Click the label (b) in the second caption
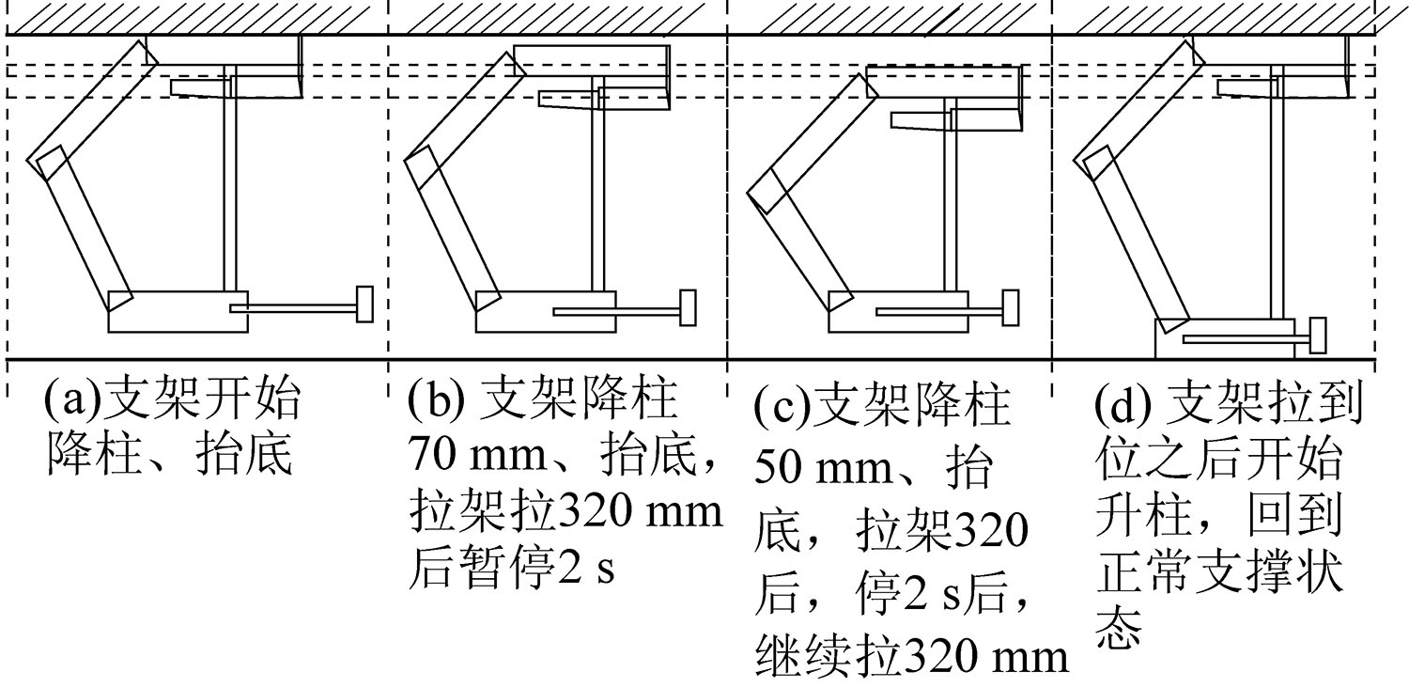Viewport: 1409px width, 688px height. click(436, 399)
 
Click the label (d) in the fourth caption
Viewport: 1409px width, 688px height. click(1123, 403)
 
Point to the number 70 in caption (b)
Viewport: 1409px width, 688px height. click(433, 453)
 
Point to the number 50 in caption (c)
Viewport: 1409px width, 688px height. click(778, 466)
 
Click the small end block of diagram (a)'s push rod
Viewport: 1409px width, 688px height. click(364, 304)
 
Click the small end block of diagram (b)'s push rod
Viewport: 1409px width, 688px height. click(688, 307)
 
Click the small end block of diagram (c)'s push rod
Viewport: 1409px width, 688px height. click(1010, 307)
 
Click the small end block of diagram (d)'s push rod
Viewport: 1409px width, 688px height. click(1318, 336)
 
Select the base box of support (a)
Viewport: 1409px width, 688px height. click(178, 312)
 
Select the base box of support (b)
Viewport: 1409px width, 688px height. click(546, 312)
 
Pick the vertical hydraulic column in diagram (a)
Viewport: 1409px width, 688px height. click(230, 179)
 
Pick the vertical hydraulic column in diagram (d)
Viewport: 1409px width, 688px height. click(1277, 193)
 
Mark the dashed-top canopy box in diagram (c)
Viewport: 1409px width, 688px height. click(943, 82)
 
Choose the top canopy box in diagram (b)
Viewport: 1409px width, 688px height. click(591, 60)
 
